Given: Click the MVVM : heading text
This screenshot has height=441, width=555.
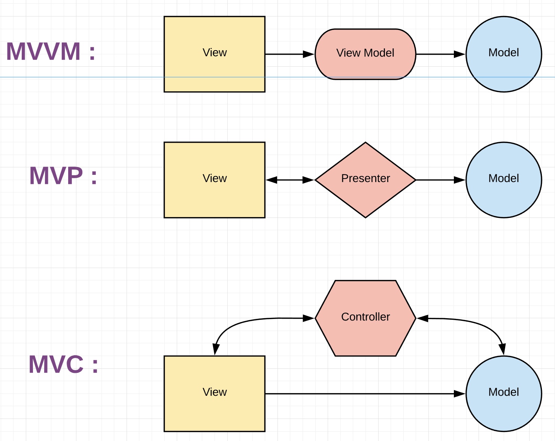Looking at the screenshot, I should [51, 52].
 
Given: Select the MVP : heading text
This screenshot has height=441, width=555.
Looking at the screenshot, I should [63, 176].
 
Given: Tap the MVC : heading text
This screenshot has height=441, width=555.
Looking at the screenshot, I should [63, 365].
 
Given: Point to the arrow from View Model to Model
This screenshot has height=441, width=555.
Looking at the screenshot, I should [440, 54].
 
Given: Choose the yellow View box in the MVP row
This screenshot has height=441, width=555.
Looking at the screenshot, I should [214, 195].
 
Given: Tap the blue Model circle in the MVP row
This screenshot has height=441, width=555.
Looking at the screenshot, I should [503, 197].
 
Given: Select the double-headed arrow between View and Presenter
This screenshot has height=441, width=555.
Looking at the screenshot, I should [290, 180].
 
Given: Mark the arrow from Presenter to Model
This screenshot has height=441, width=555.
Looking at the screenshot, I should [440, 180].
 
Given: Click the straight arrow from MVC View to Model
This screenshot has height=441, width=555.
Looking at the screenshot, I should [365, 394].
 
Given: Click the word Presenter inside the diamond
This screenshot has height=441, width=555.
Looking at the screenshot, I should [366, 178].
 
